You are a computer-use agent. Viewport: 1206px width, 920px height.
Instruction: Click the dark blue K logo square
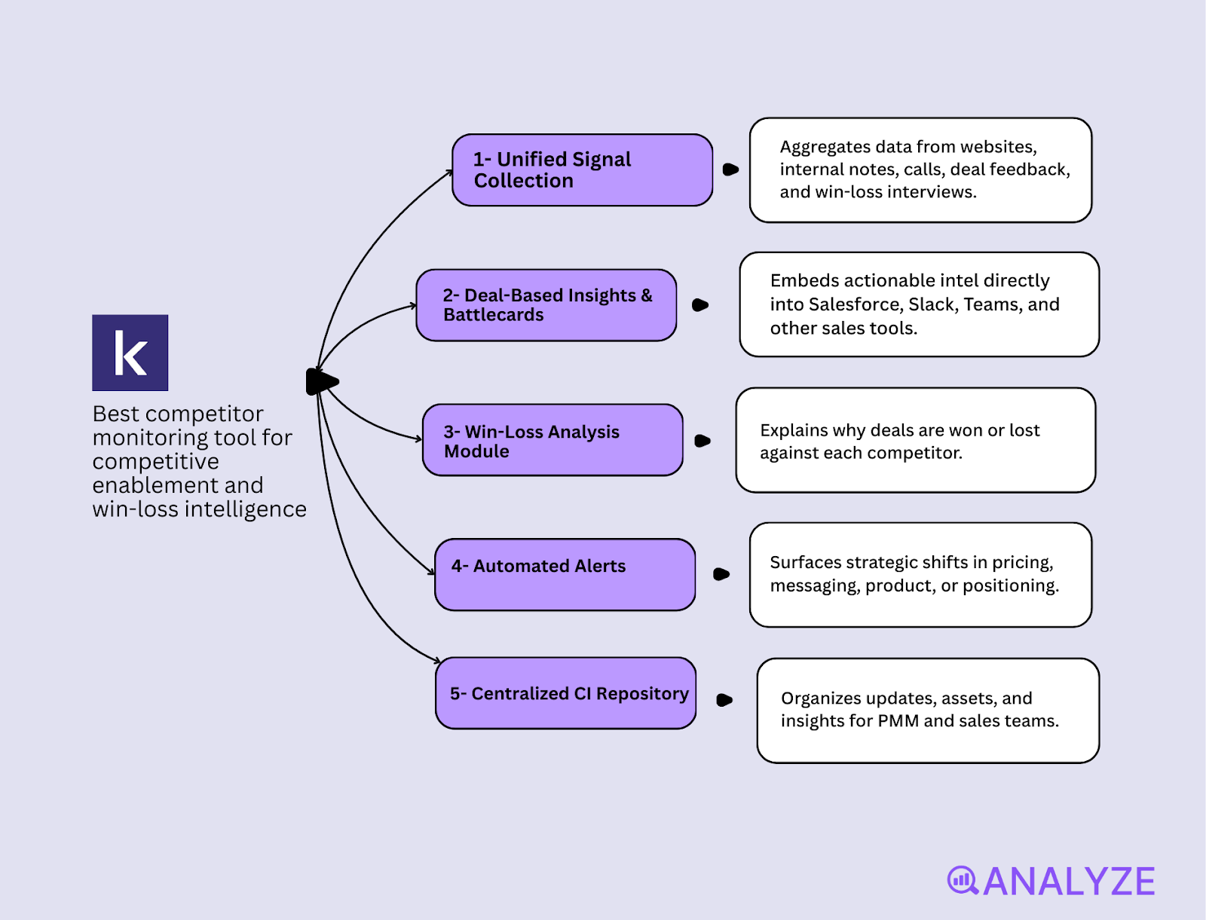point(130,353)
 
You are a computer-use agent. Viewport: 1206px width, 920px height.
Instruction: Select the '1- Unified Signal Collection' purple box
point(581,170)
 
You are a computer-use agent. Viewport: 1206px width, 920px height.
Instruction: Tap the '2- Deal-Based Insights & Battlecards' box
point(546,305)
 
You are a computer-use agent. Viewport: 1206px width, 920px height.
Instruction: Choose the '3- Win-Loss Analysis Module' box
point(552,440)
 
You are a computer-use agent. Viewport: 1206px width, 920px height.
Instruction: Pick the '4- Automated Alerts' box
point(564,575)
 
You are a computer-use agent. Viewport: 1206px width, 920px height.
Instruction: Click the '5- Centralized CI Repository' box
point(565,693)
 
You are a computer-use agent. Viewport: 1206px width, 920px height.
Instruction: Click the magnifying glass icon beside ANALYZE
point(962,880)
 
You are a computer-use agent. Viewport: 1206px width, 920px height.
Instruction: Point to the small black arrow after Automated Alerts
point(721,574)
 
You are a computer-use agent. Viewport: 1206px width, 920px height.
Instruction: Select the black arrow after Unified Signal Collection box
point(730,170)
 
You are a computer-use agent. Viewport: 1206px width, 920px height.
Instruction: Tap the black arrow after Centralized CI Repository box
point(724,700)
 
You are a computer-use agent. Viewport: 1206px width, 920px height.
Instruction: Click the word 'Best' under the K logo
point(115,414)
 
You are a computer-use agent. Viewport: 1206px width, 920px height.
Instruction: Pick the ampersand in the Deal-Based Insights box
point(647,295)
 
